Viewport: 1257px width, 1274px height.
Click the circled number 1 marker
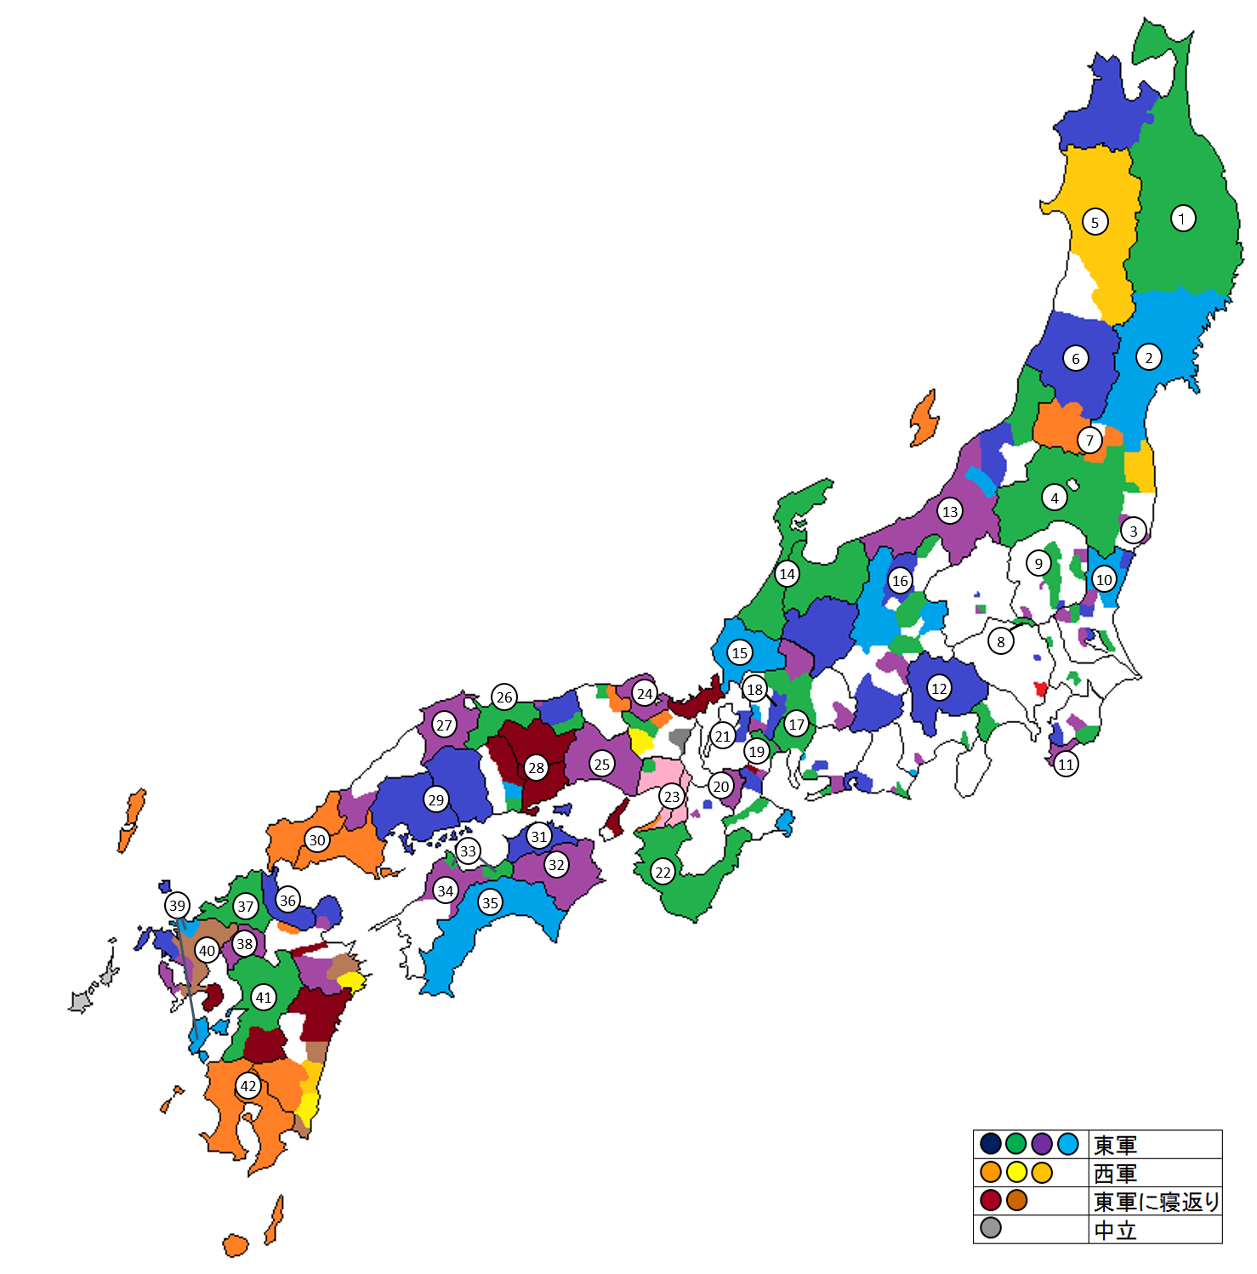coord(1182,219)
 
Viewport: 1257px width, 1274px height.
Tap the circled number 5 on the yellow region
coord(1095,223)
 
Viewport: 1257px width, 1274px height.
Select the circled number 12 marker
coord(939,689)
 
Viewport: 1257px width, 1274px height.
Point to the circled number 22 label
coord(663,872)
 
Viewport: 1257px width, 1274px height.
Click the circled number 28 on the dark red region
coord(536,768)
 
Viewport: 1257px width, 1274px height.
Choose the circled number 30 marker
coord(317,840)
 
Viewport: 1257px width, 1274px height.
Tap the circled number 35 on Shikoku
coord(490,903)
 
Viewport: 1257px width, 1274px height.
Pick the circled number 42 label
coord(248,1086)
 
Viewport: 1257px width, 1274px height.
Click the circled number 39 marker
coord(177,905)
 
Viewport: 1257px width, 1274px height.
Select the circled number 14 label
coord(788,574)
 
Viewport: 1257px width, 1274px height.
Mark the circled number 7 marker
coord(1090,441)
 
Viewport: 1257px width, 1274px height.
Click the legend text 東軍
coord(1115,1145)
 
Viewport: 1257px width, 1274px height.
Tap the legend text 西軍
coord(1115,1174)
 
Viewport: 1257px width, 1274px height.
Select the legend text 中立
coord(1115,1230)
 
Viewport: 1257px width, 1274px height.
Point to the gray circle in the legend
coord(991,1228)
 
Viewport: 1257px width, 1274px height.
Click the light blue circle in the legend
coord(1068,1144)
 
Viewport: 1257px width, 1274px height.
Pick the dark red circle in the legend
coord(991,1201)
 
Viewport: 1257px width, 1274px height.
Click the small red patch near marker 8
coord(1039,688)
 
